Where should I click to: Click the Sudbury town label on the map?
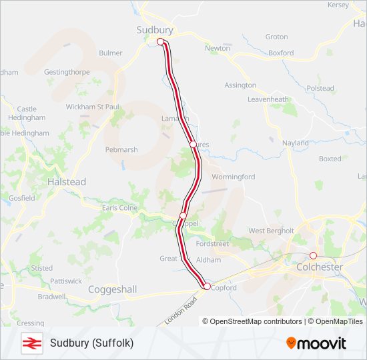(x=154, y=30)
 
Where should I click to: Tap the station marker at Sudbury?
(x=160, y=42)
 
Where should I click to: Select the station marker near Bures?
(x=192, y=144)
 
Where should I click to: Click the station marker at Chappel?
(x=183, y=216)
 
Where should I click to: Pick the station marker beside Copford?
(x=206, y=286)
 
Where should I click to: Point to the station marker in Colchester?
(x=313, y=255)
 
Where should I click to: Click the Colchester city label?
(x=319, y=267)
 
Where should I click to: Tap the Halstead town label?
(x=67, y=181)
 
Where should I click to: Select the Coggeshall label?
(x=112, y=289)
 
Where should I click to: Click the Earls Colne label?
(x=119, y=208)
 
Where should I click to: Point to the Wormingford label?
(x=233, y=177)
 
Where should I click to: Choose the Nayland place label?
(x=295, y=143)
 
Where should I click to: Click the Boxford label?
(x=281, y=53)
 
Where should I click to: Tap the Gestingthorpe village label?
(x=66, y=71)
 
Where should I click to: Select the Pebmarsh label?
(x=121, y=150)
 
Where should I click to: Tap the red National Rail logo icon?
(x=31, y=343)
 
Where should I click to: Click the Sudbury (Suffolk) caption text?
(x=91, y=343)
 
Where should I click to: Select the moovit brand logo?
(x=316, y=343)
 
